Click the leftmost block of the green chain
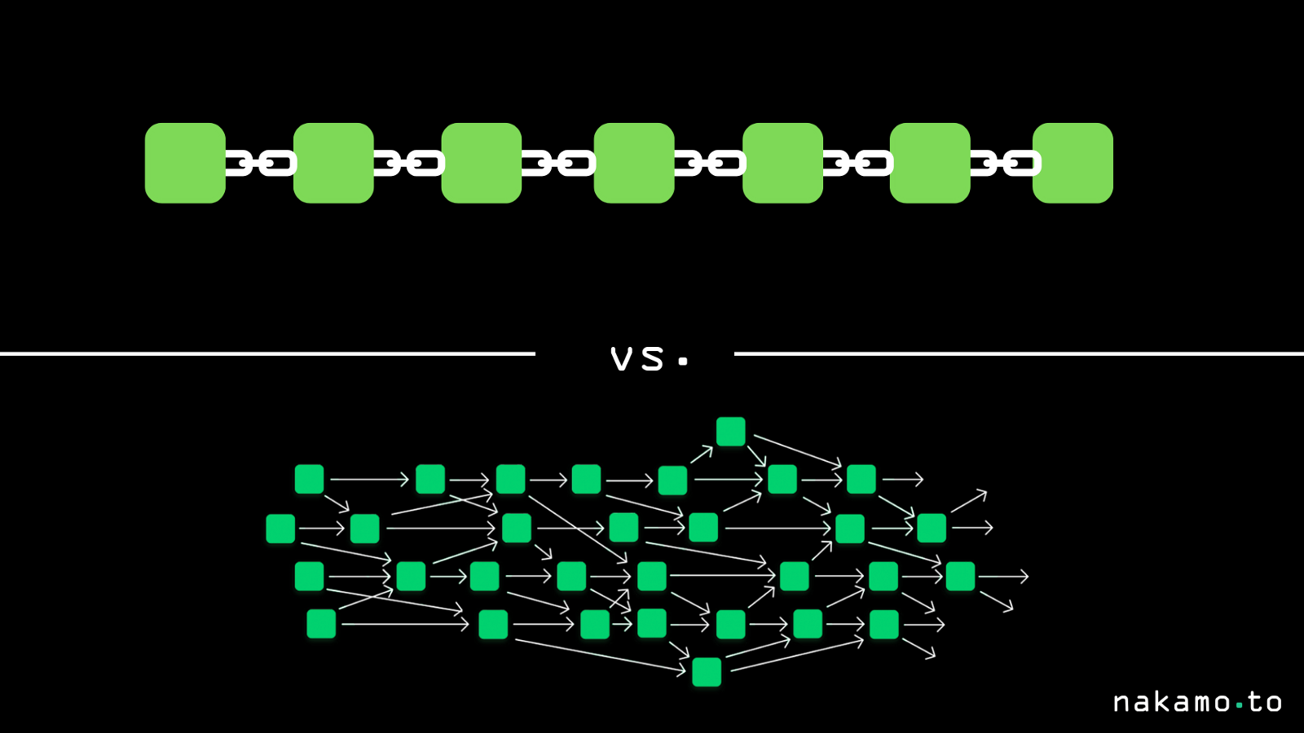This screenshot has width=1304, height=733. [x=185, y=163]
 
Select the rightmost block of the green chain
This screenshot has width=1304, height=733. [x=1073, y=163]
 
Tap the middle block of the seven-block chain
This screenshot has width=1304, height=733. [x=634, y=163]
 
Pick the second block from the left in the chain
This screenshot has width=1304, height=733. [x=333, y=163]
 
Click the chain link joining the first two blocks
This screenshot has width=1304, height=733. [x=260, y=164]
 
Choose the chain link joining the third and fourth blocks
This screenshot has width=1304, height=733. [x=558, y=164]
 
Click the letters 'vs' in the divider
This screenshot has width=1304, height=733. [x=637, y=359]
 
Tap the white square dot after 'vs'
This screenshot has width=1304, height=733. [x=683, y=362]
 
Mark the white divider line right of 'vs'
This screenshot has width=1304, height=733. [x=1019, y=353]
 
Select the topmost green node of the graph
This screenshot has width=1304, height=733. [x=730, y=432]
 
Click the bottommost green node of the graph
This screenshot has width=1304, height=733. [x=707, y=672]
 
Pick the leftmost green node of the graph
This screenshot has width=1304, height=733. [x=280, y=529]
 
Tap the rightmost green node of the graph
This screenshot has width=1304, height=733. [x=960, y=576]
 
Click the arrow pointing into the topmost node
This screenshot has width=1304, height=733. [x=702, y=454]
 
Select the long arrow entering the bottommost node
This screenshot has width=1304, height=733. [x=600, y=655]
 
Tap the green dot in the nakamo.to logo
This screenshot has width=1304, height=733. [x=1240, y=704]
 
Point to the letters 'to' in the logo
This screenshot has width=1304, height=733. [x=1264, y=702]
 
